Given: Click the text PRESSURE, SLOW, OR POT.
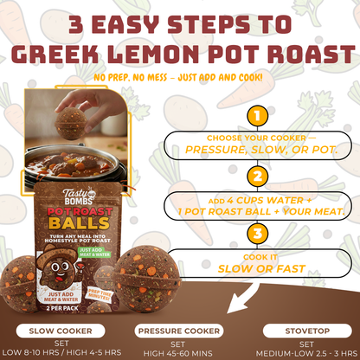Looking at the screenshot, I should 254,147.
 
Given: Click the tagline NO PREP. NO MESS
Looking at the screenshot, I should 130,77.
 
